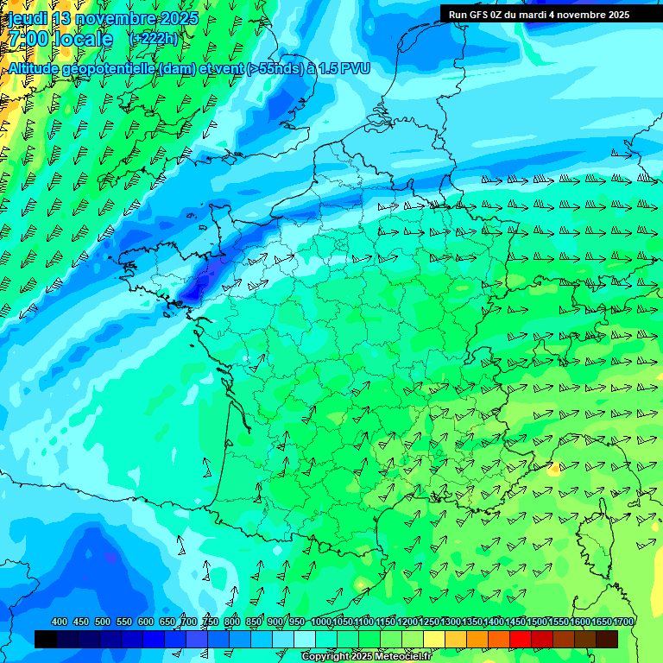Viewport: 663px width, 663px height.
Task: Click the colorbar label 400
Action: (60, 622)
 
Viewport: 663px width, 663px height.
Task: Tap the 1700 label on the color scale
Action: (623, 622)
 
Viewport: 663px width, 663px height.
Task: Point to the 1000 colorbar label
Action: (321, 622)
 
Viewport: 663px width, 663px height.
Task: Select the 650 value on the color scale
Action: (167, 622)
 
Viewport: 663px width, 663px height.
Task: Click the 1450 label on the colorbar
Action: (515, 622)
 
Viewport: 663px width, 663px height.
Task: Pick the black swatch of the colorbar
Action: (46, 639)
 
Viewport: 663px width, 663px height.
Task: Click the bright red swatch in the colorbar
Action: (521, 639)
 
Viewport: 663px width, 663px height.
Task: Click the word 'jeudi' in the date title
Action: (28, 18)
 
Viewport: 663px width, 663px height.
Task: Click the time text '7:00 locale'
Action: (61, 40)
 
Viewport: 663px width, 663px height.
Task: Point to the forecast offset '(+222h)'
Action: (153, 39)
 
